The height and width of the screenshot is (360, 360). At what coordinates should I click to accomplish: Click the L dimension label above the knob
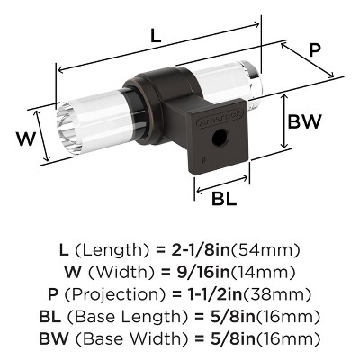click(156, 38)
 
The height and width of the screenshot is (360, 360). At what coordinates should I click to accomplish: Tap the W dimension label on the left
click(26, 140)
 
